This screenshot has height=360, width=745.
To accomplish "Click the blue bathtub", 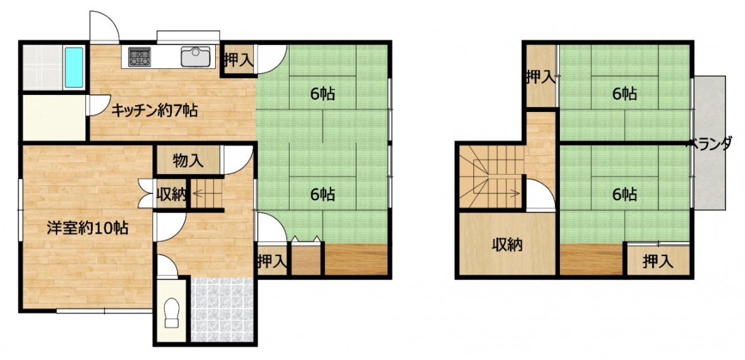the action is point(74,67).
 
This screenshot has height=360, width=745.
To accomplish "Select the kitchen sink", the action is point(195,57).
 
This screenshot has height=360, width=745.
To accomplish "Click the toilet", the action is point(171,313).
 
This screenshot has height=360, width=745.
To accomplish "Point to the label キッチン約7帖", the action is point(154,111).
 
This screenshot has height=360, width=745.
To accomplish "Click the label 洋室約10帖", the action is point(87,228).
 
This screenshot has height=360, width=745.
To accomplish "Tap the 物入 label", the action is point(188,161).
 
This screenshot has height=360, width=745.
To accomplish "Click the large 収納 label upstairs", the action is point(507,245).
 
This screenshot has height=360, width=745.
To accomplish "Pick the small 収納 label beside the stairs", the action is point(171,195).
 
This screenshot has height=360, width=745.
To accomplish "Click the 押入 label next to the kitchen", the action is point(238,61).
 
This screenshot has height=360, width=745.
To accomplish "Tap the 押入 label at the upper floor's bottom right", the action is point(658,261).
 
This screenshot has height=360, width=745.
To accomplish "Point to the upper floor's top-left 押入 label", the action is point(541,77).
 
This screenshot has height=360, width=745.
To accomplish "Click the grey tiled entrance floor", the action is point(221,309).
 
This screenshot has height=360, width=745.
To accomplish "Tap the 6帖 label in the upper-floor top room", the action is point(624,94).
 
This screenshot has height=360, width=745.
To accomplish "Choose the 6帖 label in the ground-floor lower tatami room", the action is point(322,194).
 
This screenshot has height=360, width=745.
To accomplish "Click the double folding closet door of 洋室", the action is point(145,193).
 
